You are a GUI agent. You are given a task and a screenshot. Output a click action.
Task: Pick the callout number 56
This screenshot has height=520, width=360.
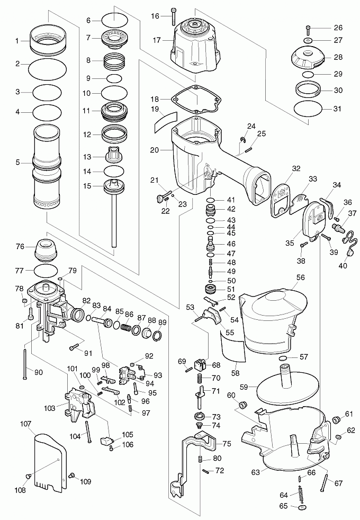[301, 277]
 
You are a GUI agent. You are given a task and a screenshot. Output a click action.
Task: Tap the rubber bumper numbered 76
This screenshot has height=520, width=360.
[47, 249]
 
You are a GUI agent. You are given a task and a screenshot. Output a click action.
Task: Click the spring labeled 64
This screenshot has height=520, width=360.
[301, 495]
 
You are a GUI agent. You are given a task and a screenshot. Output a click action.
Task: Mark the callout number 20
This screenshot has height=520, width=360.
[155, 150]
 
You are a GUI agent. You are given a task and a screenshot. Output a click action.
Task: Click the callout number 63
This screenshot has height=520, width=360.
[256, 471]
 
